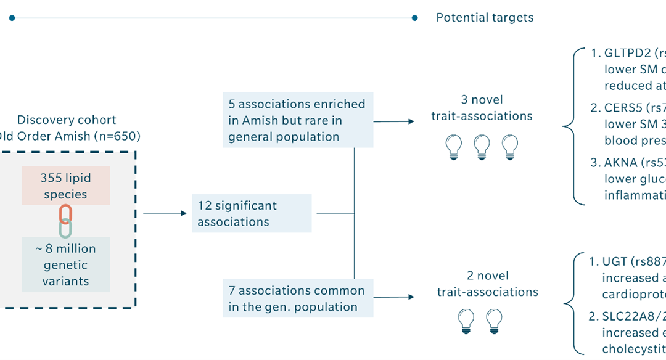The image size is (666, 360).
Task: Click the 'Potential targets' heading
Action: point(485,18)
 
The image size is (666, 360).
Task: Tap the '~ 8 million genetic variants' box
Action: point(66,265)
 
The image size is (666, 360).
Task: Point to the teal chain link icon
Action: point(65,228)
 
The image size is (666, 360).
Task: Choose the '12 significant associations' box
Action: point(252,213)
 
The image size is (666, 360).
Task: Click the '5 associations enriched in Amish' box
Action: point(298,121)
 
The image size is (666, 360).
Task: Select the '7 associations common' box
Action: point(298,298)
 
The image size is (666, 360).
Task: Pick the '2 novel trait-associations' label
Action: point(487,284)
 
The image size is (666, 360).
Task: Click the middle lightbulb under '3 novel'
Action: point(482,147)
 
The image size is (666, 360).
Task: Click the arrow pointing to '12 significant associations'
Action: point(165,213)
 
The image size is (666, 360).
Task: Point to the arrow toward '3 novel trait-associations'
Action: point(395,121)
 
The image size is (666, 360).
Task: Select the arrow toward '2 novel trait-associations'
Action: point(395,299)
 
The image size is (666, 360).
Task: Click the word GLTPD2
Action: point(623,53)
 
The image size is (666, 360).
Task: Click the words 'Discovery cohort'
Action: point(66,120)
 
